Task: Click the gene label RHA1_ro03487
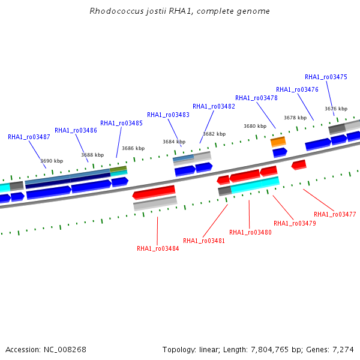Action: pos(29,137)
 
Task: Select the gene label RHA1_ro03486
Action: pos(76,130)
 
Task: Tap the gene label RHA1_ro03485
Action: pos(121,123)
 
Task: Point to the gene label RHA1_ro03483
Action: pos(168,115)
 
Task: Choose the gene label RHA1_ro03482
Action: pos(214,106)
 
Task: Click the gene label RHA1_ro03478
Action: pos(256,98)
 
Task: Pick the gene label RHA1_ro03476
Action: pos(297,89)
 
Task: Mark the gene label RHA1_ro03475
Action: pos(326,77)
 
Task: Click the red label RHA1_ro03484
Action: pos(158,248)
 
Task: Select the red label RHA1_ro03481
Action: pos(204,241)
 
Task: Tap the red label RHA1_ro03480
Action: pos(250,232)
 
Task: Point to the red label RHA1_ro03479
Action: pos(295,223)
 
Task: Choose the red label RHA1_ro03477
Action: pos(335,214)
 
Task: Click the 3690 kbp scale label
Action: pos(52,161)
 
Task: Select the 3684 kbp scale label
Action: pos(173,142)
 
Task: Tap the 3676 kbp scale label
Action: pos(336,109)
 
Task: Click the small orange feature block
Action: pos(278,142)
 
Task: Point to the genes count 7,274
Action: pos(342,349)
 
